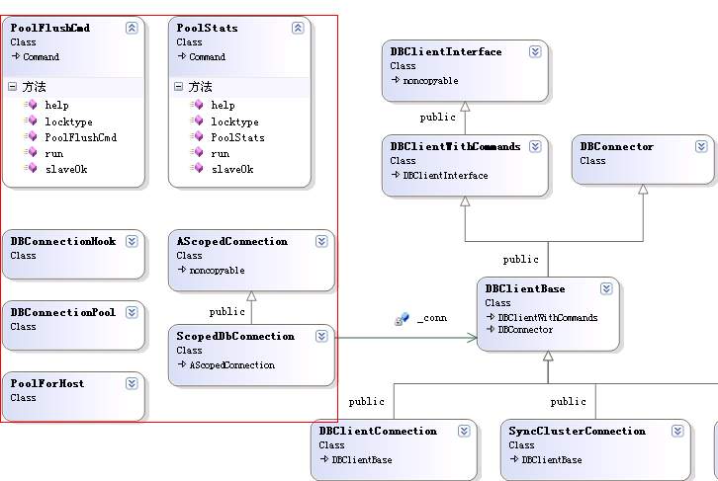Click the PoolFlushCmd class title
49,28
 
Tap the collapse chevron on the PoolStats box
298,28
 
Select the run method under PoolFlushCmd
54,154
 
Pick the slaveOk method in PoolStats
232,169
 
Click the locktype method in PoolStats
234,122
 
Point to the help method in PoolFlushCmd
56,105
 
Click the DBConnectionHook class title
63,241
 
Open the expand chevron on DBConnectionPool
132,312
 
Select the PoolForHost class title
47,383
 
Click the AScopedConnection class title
232,241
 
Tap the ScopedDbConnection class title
235,336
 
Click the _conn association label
432,318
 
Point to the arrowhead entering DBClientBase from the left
472,338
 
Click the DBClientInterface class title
446,51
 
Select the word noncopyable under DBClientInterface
430,81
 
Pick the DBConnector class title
616,147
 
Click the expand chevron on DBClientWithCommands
535,146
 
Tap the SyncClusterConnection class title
577,432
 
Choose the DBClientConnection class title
378,432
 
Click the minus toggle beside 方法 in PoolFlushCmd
13,86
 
